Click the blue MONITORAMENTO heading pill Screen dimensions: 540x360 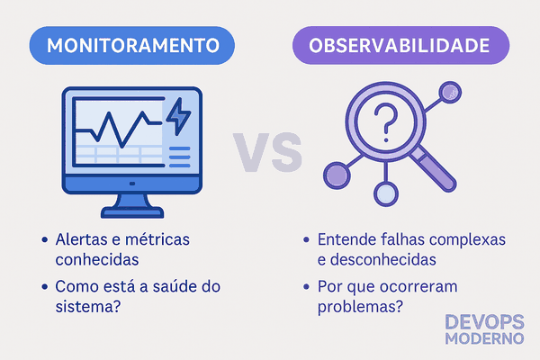pyautogui.click(x=132, y=45)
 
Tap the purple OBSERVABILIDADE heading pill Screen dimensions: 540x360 pyautogui.click(x=400, y=45)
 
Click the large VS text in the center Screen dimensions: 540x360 pyautogui.click(x=267, y=152)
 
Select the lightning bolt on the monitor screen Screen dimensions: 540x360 pyautogui.click(x=178, y=116)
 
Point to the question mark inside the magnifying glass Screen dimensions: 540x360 pyautogui.click(x=386, y=122)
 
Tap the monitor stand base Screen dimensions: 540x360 pyautogui.click(x=132, y=212)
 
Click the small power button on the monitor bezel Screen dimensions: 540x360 pyautogui.click(x=132, y=184)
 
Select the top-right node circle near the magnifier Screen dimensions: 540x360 pyautogui.click(x=450, y=92)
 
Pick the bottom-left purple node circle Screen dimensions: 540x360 pyautogui.click(x=337, y=175)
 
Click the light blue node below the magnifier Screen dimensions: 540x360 pyautogui.click(x=386, y=194)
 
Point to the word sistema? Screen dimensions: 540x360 pyautogui.click(x=88, y=306)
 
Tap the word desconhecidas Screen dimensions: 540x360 pyautogui.click(x=383, y=259)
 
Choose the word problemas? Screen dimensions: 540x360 pyautogui.click(x=360, y=307)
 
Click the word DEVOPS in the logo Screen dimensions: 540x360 pyautogui.click(x=484, y=322)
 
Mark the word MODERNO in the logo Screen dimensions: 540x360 pyautogui.click(x=484, y=338)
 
